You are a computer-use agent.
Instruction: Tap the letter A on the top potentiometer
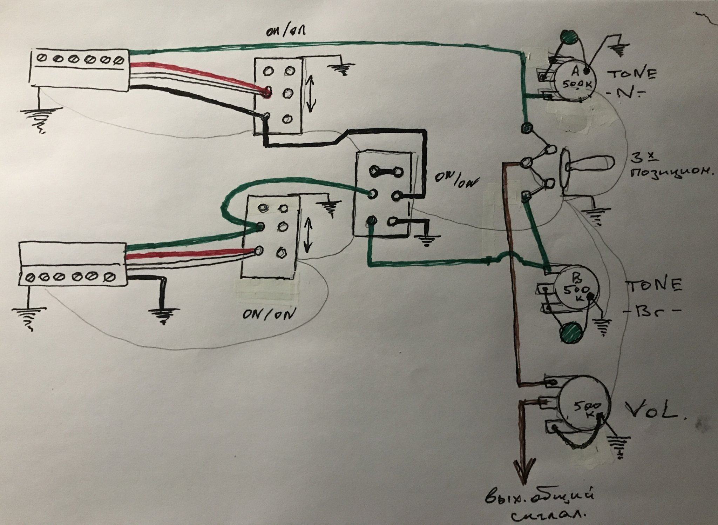pyautogui.click(x=575, y=72)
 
